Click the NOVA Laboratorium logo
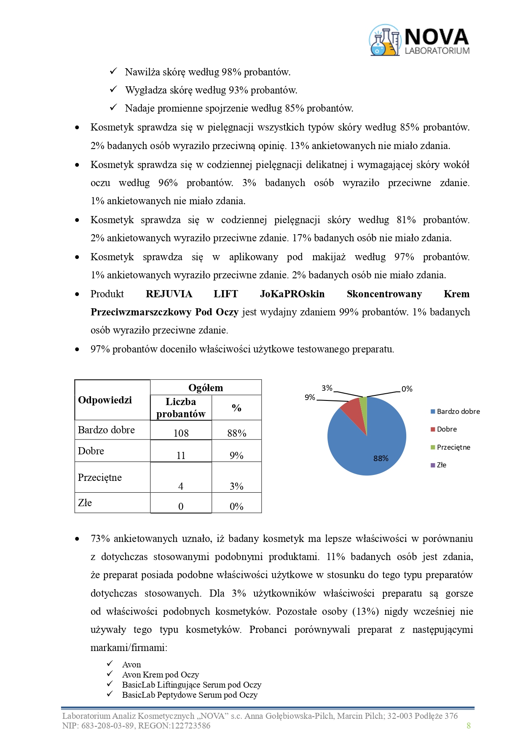[x=419, y=40]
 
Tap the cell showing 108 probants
[x=181, y=433]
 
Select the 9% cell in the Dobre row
[x=236, y=455]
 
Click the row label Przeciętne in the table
[x=100, y=477]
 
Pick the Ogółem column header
[x=206, y=387]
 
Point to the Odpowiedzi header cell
[x=105, y=400]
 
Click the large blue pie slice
[x=371, y=446]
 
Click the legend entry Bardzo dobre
[x=458, y=411]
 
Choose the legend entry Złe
[x=441, y=465]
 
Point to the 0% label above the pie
[x=407, y=389]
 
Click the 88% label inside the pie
[x=381, y=458]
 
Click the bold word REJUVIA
[x=169, y=294]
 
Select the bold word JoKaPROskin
[x=292, y=294]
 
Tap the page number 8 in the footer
[x=468, y=726]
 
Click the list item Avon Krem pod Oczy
[x=160, y=675]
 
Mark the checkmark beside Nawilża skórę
[x=113, y=72]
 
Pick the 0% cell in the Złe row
[x=236, y=506]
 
